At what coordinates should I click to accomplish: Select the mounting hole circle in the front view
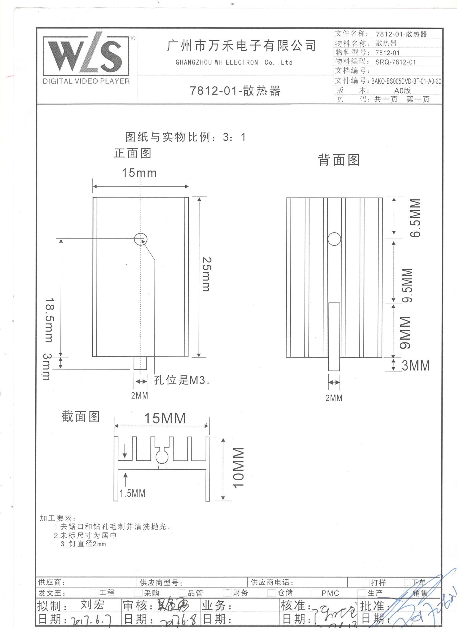pyautogui.click(x=141, y=239)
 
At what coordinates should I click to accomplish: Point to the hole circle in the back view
pyautogui.click(x=334, y=239)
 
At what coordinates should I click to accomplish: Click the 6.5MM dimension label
pyautogui.click(x=415, y=218)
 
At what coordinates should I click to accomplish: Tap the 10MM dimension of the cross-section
pyautogui.click(x=238, y=468)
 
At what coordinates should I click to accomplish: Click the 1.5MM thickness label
pyautogui.click(x=132, y=493)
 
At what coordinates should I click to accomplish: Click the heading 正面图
pyautogui.click(x=133, y=153)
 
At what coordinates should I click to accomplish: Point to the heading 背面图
pyautogui.click(x=339, y=160)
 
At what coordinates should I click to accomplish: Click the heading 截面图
pyautogui.click(x=81, y=416)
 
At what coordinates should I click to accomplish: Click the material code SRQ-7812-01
pyautogui.click(x=396, y=62)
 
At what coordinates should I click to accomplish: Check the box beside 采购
pyautogui.click(x=138, y=592)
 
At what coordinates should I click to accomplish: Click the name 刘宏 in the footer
pyautogui.click(x=92, y=605)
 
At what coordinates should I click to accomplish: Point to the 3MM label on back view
pyautogui.click(x=415, y=366)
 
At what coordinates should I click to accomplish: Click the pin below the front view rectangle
pyautogui.click(x=140, y=363)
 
